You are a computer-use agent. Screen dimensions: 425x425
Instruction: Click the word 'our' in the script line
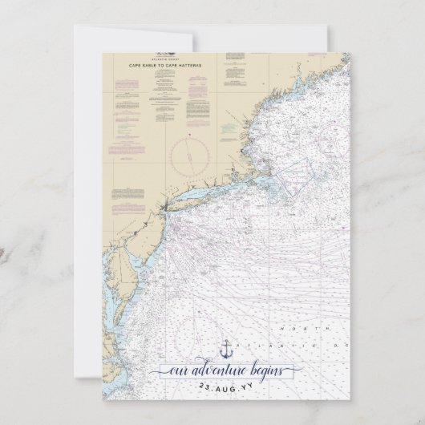point(175,370)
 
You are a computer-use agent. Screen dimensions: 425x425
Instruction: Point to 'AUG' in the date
point(226,387)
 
